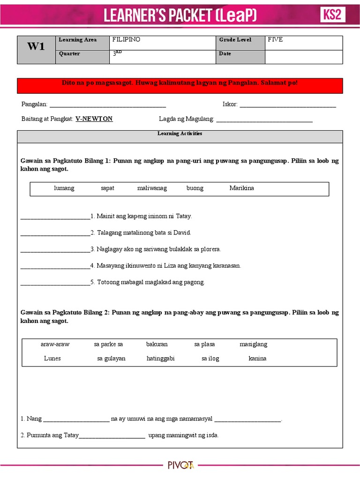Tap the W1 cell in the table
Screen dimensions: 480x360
click(36, 46)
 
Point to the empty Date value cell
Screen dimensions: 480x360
click(303, 56)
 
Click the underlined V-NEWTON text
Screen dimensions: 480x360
click(94, 119)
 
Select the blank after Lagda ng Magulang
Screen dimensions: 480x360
click(264, 120)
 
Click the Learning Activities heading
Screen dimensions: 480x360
click(180, 134)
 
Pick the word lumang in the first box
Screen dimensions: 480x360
click(64, 188)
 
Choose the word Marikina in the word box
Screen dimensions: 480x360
click(241, 188)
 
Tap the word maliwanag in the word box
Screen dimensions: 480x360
click(152, 188)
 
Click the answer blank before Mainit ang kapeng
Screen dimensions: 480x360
click(55, 217)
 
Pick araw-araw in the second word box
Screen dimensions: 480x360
click(55, 345)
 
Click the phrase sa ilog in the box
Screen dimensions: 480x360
click(210, 359)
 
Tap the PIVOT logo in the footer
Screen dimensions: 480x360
click(180, 465)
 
